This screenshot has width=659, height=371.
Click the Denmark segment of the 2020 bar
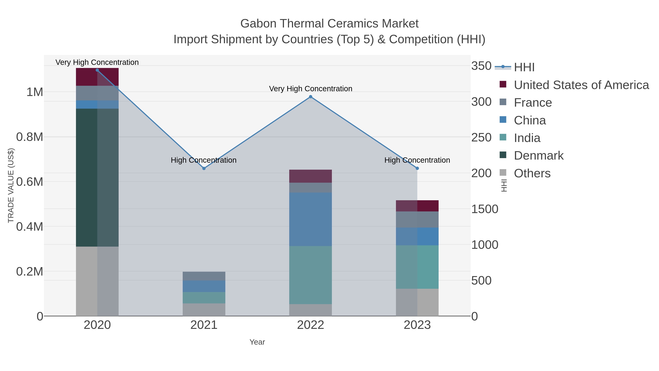(x=97, y=177)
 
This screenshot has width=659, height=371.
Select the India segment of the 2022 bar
(x=310, y=275)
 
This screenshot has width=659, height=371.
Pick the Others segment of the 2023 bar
(x=417, y=302)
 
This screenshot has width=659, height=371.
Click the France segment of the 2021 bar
(x=204, y=276)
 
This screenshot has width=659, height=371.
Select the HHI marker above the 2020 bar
(x=97, y=70)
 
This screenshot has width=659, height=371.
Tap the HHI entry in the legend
(x=524, y=67)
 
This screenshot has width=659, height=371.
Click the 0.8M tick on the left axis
(x=29, y=137)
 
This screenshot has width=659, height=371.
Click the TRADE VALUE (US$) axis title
(x=11, y=185)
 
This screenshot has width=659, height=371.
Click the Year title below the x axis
(x=257, y=342)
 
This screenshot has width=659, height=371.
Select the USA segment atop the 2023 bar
(x=417, y=206)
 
